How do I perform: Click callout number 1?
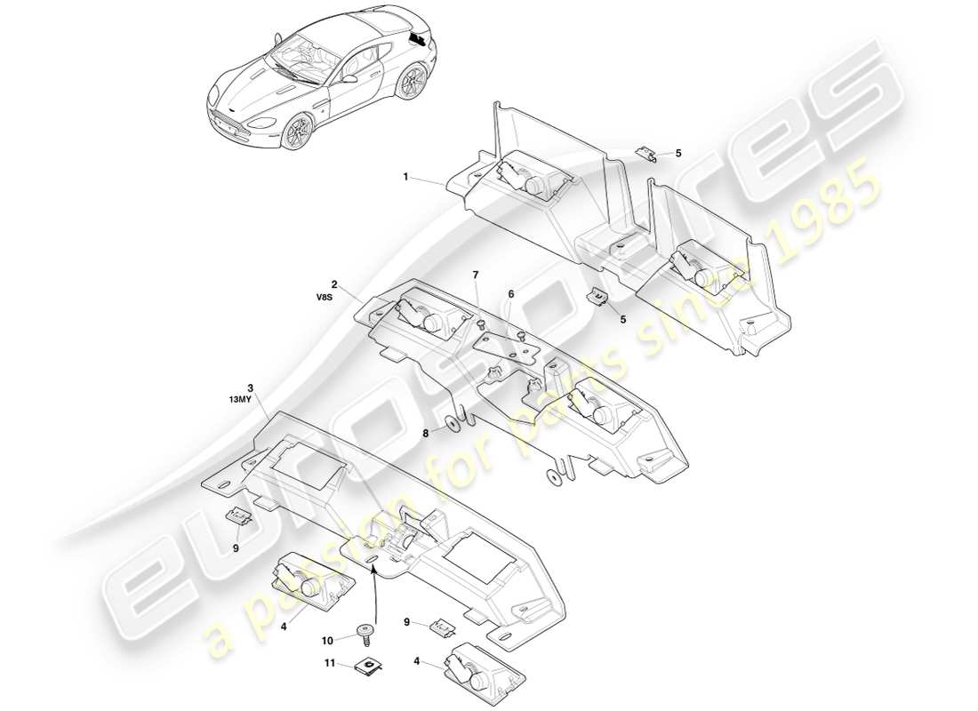pos(405,177)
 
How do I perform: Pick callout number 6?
pos(511,294)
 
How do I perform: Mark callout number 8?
pos(426,434)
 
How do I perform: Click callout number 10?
pos(326,639)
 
